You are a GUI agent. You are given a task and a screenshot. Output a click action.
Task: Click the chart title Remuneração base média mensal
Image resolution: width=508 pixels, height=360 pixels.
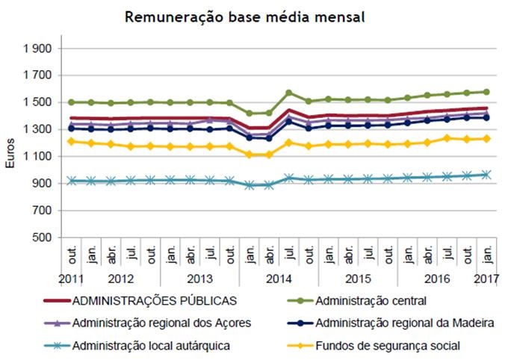point(244,16)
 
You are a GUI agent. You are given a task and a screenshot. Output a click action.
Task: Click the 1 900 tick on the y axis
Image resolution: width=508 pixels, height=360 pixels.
point(36,49)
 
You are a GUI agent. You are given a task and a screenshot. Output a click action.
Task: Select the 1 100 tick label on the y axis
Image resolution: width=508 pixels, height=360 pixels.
point(36,156)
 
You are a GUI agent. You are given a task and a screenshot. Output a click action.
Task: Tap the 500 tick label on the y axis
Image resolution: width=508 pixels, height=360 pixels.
point(41,238)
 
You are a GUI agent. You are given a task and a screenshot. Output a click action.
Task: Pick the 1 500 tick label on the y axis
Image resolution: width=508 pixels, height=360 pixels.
point(36,102)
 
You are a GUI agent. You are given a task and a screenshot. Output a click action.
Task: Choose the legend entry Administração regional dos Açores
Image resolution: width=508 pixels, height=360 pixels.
point(161,323)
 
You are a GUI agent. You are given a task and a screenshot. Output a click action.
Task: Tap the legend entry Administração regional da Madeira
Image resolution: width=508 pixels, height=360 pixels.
point(403,323)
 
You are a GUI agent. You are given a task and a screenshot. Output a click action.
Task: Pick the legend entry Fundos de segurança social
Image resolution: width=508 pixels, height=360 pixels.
point(388,345)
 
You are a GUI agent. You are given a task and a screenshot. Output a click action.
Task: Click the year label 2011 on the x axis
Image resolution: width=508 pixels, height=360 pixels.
point(70,279)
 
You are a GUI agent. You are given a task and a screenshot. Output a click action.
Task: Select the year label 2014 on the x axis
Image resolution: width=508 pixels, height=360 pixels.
point(278,279)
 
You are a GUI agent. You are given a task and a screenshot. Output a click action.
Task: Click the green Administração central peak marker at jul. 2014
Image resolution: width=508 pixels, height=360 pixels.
point(288,93)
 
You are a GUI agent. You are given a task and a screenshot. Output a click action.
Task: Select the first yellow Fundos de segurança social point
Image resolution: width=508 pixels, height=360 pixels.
point(71,141)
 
